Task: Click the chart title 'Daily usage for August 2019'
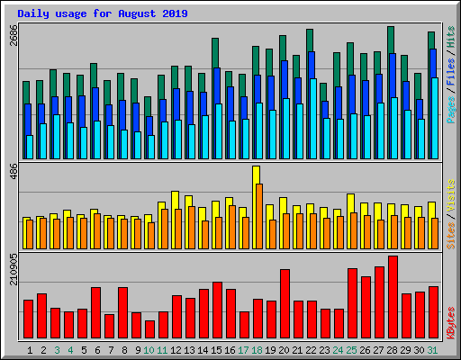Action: point(98,13)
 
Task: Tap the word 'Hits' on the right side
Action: point(450,38)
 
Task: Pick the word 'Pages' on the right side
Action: point(450,110)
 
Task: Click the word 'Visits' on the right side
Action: point(450,195)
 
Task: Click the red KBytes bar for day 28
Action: point(393,297)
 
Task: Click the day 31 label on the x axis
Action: point(433,349)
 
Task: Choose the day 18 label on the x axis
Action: point(258,349)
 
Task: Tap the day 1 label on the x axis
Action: point(30,349)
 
